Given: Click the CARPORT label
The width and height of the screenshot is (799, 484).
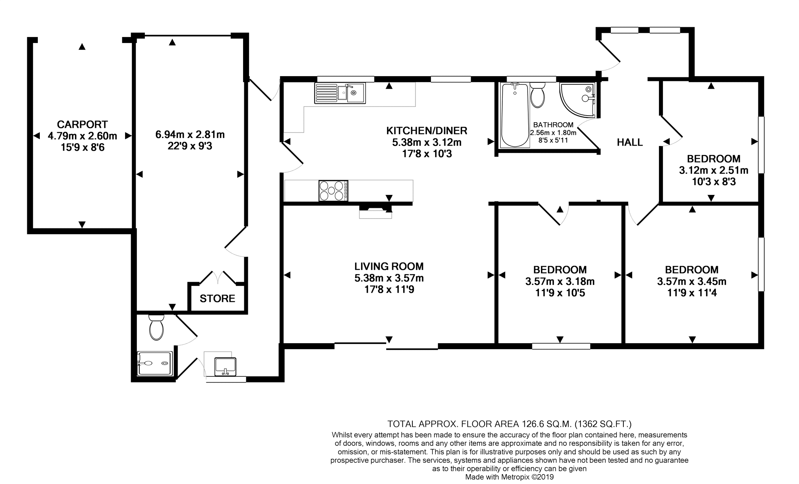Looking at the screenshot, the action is click(x=82, y=124).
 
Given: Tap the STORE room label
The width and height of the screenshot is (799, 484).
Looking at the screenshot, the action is click(x=217, y=299).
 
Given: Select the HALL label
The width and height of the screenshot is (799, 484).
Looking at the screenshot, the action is click(x=630, y=142).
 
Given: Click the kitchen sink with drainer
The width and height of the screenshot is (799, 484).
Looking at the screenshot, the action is click(x=340, y=93).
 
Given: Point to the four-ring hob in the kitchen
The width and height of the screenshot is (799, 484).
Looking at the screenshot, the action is click(x=333, y=191).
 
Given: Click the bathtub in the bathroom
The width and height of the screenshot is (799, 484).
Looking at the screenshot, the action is click(x=515, y=115).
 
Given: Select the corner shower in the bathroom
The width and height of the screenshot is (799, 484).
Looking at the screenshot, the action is click(x=577, y=100).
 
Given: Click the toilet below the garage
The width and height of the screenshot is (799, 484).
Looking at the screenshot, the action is click(x=157, y=327).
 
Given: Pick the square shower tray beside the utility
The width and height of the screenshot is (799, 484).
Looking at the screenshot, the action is click(x=155, y=363).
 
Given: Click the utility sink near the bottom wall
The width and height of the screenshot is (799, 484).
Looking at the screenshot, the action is click(x=225, y=367).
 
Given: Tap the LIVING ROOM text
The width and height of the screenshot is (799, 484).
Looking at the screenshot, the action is click(x=389, y=266).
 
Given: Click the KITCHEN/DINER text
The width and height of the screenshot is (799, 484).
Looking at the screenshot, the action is click(x=427, y=130).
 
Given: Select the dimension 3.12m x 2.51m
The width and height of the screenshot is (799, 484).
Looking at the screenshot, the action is click(x=713, y=170).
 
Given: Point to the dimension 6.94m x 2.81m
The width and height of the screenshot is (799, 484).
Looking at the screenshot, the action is click(x=190, y=135).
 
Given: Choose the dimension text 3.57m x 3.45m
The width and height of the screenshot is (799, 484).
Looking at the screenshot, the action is click(x=692, y=282).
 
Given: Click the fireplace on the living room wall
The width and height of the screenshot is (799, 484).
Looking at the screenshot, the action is click(x=375, y=211).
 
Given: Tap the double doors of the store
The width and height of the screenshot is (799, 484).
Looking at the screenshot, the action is click(x=218, y=277).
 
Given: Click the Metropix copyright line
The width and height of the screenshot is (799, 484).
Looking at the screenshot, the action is click(x=509, y=477).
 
